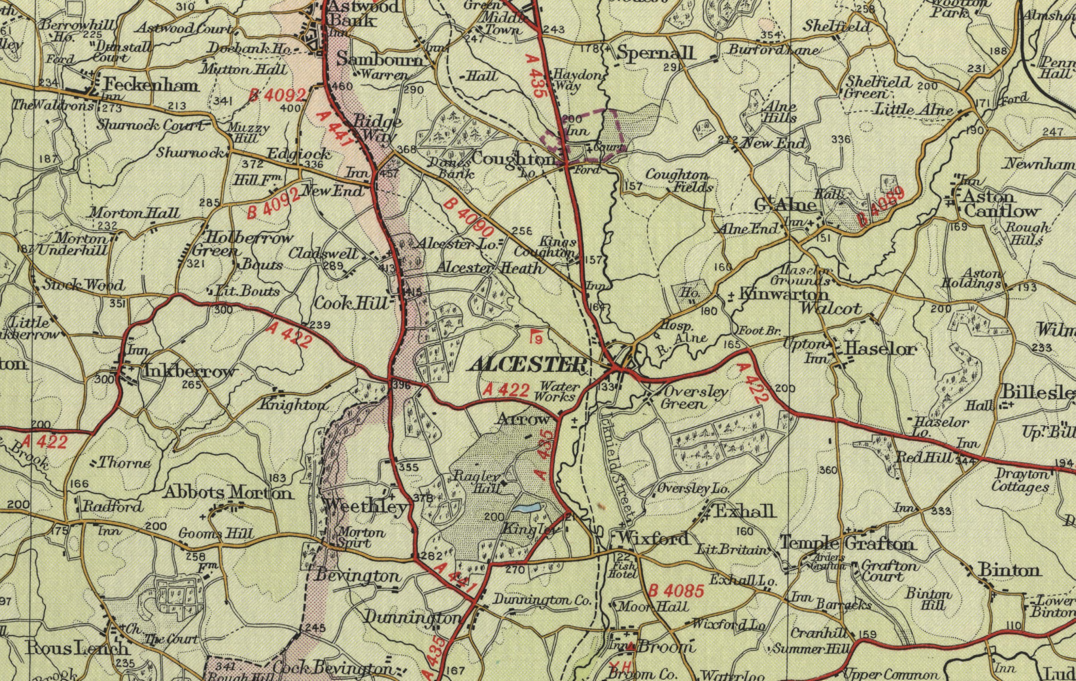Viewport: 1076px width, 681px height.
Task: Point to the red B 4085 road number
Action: coord(676,591)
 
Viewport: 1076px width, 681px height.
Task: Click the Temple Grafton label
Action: coord(846,543)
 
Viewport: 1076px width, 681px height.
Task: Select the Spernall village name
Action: coord(656,53)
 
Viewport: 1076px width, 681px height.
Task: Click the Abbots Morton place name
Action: coord(228,493)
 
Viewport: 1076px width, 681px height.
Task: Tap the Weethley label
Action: coord(366,506)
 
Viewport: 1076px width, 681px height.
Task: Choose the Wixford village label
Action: coord(654,538)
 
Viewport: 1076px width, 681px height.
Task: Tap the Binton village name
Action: coord(1009,570)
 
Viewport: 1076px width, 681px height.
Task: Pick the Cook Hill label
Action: coord(351,303)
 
